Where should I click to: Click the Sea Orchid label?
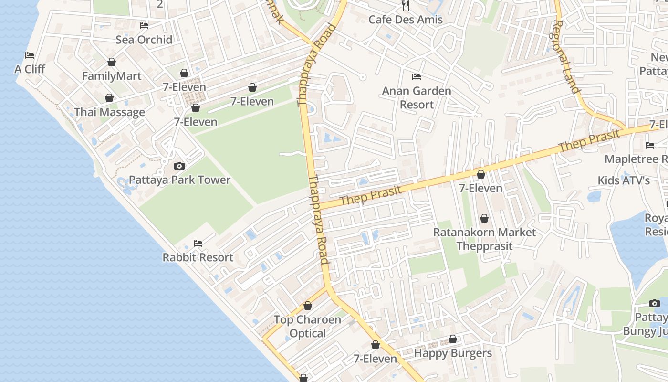pyautogui.click(x=144, y=40)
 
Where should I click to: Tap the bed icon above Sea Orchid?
pyautogui.click(x=144, y=25)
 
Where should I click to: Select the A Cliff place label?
pyautogui.click(x=30, y=69)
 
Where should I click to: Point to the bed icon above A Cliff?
pyautogui.click(x=30, y=55)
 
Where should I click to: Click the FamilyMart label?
pyautogui.click(x=112, y=76)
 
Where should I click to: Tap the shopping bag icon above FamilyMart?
pyautogui.click(x=112, y=62)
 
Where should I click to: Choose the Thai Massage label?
pyautogui.click(x=109, y=112)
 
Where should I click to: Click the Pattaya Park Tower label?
pyautogui.click(x=179, y=180)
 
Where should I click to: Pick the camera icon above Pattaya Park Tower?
pyautogui.click(x=179, y=166)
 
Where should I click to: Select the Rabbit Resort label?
pyautogui.click(x=198, y=257)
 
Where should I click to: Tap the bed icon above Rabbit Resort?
pyautogui.click(x=198, y=244)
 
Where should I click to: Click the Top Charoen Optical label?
pyautogui.click(x=308, y=327)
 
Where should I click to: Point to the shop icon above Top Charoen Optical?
pyautogui.click(x=308, y=306)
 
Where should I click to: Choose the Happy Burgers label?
pyautogui.click(x=453, y=353)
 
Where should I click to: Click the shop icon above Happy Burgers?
pyautogui.click(x=453, y=340)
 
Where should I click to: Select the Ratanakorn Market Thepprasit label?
pyautogui.click(x=484, y=239)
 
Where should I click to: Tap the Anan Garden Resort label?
pyautogui.click(x=417, y=97)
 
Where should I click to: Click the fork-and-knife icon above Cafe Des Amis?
pyautogui.click(x=406, y=6)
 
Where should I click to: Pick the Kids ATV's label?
pyautogui.click(x=624, y=180)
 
